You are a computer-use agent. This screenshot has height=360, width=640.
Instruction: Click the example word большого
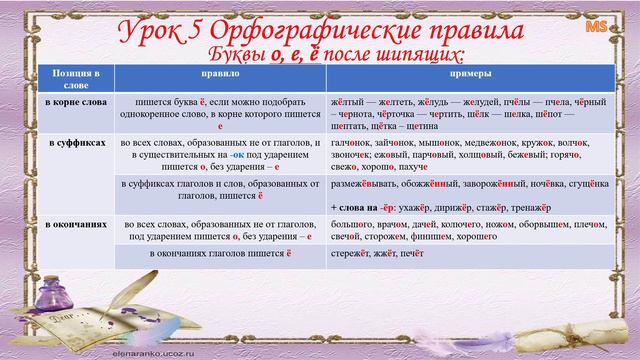[351, 225]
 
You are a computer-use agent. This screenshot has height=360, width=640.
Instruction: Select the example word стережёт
[350, 256]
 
